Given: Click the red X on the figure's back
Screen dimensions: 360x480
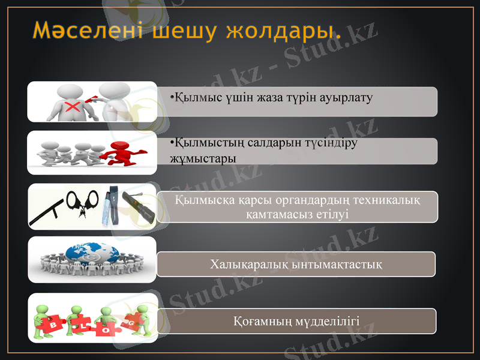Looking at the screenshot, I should [72, 107].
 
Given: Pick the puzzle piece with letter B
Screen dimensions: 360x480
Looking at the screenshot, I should [52, 325].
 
